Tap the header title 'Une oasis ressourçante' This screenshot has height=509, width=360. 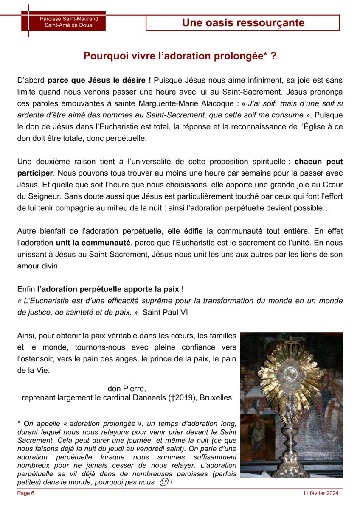[243, 22]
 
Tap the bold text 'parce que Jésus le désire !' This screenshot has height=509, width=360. [100, 79]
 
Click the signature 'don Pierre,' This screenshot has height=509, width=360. [127, 388]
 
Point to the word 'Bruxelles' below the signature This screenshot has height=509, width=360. [216, 398]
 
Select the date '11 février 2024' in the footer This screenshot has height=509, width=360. [321, 493]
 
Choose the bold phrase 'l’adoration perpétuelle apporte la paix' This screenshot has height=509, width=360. [108, 289]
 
